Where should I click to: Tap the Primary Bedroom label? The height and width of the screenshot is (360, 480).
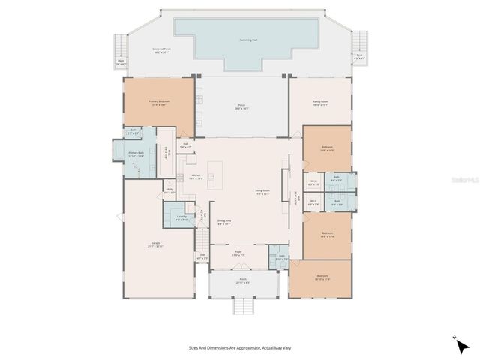point(159,102)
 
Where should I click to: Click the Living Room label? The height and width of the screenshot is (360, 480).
point(262,192)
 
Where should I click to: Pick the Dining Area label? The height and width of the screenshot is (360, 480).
point(224,223)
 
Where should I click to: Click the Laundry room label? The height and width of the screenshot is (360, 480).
point(181,218)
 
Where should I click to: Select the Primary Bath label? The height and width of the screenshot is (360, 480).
point(136,154)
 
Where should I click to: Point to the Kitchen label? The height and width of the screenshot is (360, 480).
point(195,177)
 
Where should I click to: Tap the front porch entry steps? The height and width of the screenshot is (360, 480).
point(244,306)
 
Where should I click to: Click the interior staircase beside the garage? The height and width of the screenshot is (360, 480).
point(201,240)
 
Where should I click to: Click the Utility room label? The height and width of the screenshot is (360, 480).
point(169,192)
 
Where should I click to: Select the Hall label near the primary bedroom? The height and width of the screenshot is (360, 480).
point(184,145)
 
